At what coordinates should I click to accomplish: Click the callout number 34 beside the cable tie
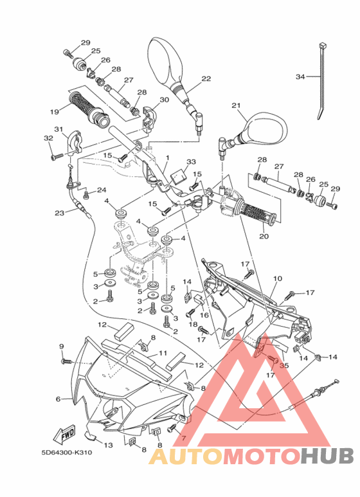point(300,77)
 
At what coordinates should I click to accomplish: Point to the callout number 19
point(55,111)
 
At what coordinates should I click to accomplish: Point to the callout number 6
point(58,399)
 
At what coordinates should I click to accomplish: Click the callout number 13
point(108,445)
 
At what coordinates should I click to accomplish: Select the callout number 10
point(278,278)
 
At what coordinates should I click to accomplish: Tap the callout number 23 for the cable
point(60,213)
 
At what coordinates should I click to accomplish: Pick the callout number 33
point(191,161)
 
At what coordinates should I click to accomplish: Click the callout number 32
point(48,138)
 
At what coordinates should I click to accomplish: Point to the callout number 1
point(166,158)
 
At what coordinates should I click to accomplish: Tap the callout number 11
point(163,352)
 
